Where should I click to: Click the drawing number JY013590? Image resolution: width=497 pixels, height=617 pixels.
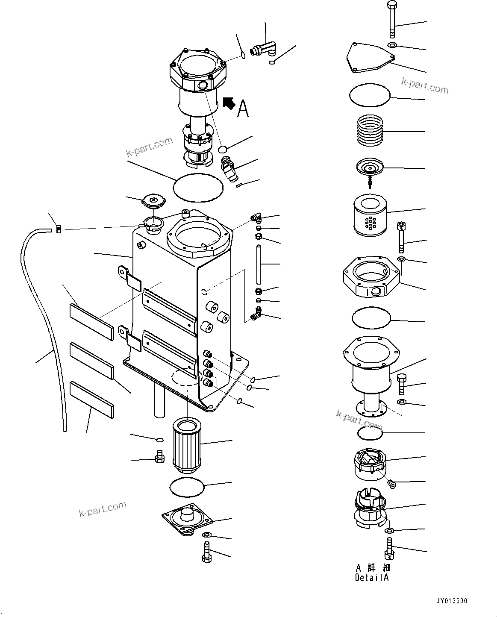click(451, 601)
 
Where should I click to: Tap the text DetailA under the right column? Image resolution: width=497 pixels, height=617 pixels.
click(372, 578)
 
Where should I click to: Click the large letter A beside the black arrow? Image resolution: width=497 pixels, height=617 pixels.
click(243, 108)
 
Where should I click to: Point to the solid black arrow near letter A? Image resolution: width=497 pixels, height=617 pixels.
click(229, 103)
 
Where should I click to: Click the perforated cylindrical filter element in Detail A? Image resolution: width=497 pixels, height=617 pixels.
click(370, 216)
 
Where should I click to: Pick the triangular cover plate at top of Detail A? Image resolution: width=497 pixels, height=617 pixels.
click(368, 57)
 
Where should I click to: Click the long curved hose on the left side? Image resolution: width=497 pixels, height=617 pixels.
click(43, 325)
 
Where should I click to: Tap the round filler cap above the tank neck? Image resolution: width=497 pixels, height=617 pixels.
click(153, 201)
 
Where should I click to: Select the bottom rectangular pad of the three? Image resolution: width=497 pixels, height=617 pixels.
click(92, 399)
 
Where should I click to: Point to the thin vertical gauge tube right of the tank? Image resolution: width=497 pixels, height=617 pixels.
click(259, 264)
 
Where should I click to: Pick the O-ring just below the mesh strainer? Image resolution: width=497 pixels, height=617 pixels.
click(187, 487)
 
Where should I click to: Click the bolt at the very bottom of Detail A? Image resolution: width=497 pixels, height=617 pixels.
click(390, 549)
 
